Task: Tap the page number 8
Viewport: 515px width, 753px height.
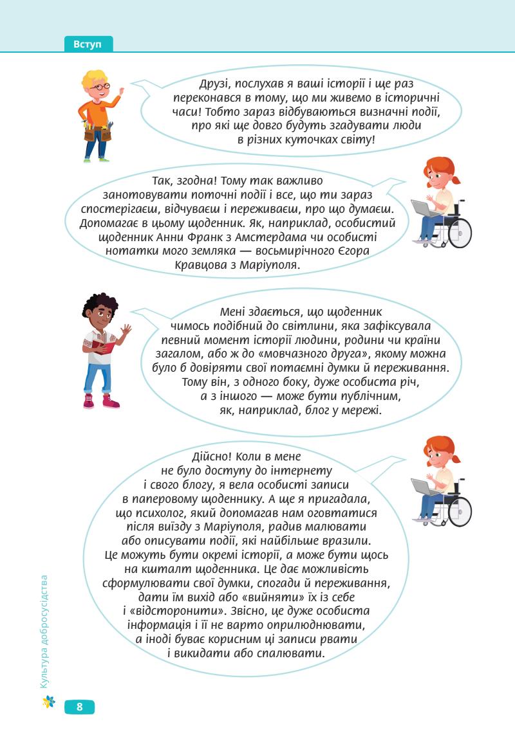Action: pos(79,707)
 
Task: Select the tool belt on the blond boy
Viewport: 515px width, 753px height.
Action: pos(97,132)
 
